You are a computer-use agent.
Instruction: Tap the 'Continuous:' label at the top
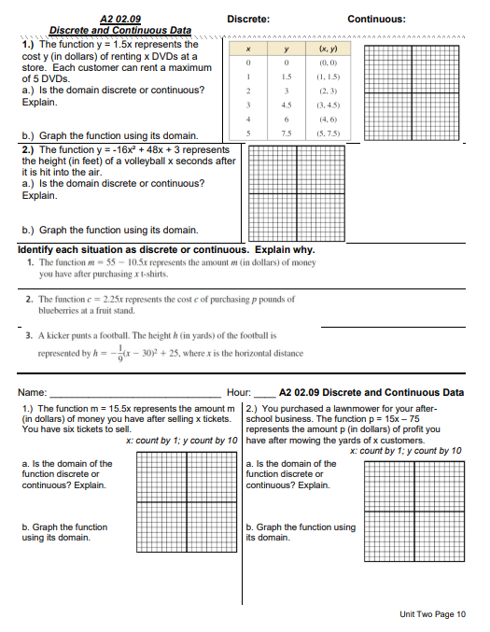(376, 19)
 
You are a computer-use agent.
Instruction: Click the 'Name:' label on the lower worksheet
(33, 393)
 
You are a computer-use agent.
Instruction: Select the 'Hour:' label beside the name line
(240, 393)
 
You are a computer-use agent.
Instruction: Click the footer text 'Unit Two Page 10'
(431, 613)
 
